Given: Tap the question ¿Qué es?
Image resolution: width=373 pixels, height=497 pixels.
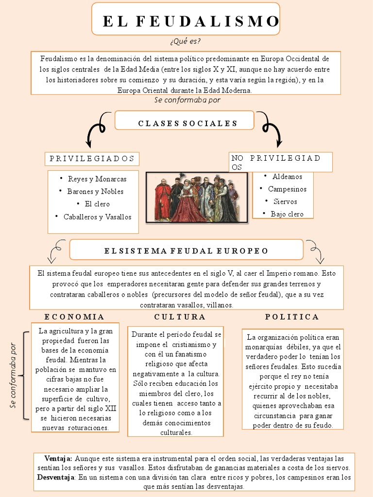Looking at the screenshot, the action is point(186,41).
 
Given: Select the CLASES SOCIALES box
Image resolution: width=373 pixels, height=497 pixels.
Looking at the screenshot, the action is point(187,123).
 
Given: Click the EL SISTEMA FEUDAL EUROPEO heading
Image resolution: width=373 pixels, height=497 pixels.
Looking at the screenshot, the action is point(186,251).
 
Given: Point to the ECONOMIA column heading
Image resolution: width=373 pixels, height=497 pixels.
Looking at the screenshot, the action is point(74,317).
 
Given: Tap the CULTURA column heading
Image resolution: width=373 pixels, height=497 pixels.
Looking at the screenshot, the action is point(180,317).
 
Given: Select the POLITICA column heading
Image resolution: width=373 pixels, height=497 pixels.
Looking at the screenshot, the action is point(292,317).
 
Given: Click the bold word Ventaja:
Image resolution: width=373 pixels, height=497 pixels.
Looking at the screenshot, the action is point(58,458).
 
